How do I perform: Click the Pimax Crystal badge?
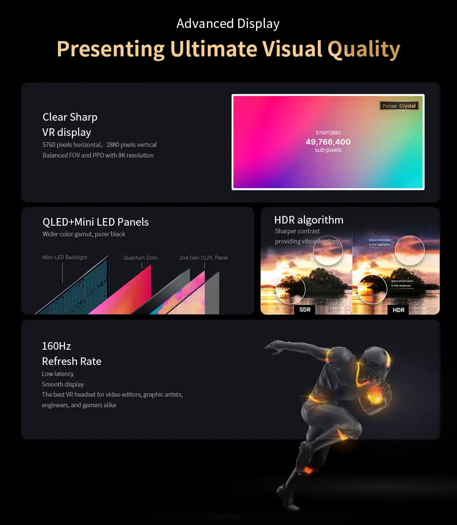pos(399,106)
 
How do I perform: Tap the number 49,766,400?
pos(328,142)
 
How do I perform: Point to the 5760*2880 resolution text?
pos(328,133)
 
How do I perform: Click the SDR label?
pos(305,309)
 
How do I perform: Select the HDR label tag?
pos(398,310)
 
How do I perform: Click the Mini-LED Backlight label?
pos(65,257)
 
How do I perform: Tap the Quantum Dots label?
pos(140,257)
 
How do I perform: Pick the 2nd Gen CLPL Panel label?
pos(203,257)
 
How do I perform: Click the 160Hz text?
pos(56,346)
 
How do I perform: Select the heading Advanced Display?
pos(228,24)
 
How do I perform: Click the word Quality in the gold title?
pos(363,49)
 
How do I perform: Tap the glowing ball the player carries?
pos(375,396)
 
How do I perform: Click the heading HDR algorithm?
pos(308,220)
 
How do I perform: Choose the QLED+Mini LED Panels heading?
pos(96,222)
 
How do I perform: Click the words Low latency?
pos(58,374)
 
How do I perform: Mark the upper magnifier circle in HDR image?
pos(409,250)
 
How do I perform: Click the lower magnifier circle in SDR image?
pos(290,289)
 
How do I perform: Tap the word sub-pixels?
pos(328,150)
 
